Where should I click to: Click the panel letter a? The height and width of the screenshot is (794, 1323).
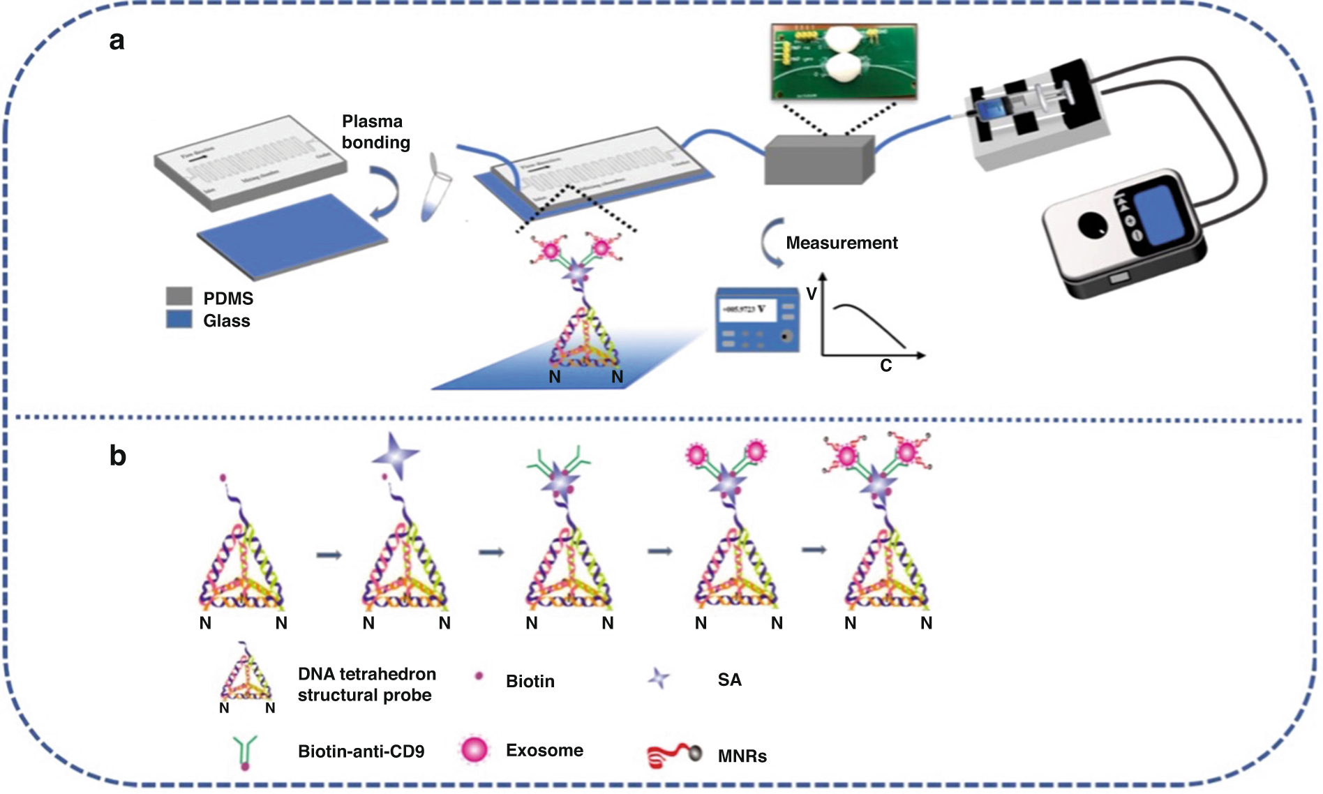coord(117,40)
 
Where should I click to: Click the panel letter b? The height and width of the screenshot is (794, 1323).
coord(117,456)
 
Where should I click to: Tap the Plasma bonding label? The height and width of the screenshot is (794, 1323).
coord(375,132)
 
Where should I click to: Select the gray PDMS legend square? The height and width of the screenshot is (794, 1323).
coord(179,296)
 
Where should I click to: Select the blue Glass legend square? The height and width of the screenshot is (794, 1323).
coord(179,320)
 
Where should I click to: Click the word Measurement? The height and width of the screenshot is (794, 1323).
coord(842,243)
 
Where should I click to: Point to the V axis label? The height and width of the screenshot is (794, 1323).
coord(811,294)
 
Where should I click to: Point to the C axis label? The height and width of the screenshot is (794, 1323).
coord(885,366)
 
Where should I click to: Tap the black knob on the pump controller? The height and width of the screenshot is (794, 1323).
coord(1091,225)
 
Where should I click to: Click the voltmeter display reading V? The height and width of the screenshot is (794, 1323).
coord(747,309)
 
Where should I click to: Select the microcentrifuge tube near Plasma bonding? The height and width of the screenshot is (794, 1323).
coord(435,188)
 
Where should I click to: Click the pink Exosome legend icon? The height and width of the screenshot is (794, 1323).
coord(474,750)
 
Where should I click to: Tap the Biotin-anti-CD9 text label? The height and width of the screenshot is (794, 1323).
coord(361,751)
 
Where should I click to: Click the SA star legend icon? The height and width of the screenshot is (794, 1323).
coord(658,678)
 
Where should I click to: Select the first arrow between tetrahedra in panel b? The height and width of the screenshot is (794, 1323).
coord(329,555)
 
